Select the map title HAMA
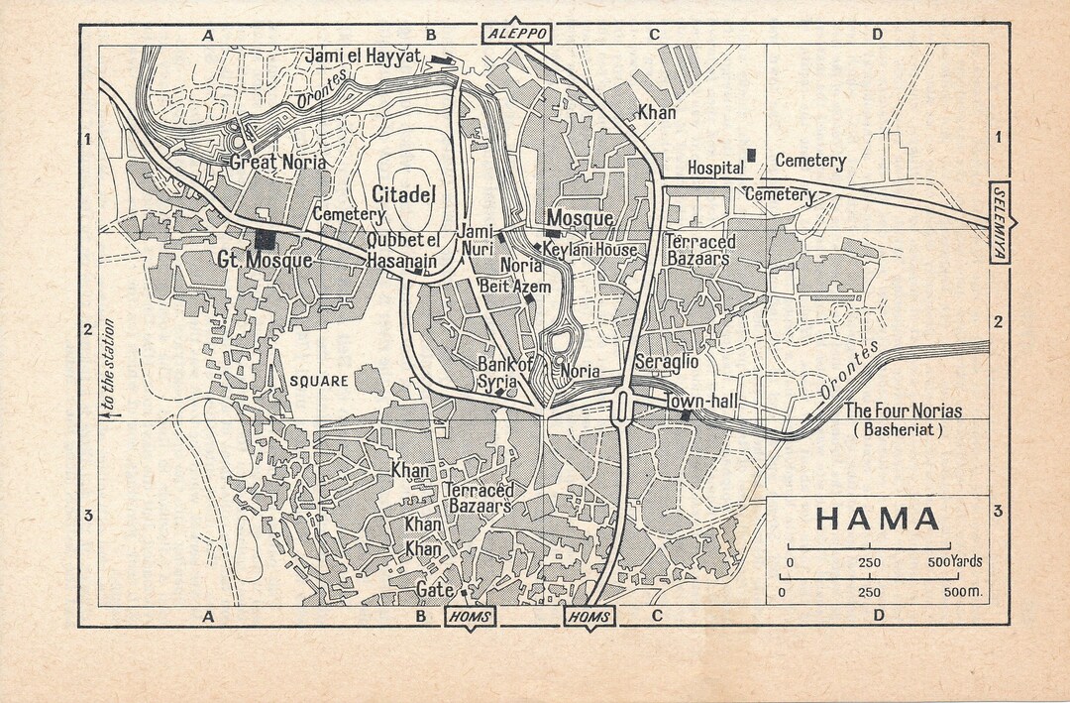point(878,519)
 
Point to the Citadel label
point(403,193)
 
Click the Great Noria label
point(277,162)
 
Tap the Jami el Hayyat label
point(365,58)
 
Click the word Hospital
point(715,168)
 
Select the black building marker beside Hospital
point(752,155)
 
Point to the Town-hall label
point(697,401)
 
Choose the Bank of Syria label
point(504,374)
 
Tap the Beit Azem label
point(514,287)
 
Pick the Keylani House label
point(589,250)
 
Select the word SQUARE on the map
point(319,381)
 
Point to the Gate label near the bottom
point(435,589)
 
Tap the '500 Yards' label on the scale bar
point(954,562)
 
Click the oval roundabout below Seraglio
point(622,407)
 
